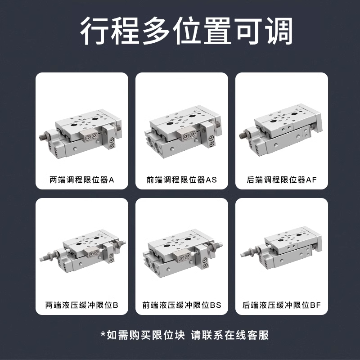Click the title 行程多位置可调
coord(180,31)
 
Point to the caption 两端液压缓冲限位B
coord(82,305)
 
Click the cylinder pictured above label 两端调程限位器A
coord(82,135)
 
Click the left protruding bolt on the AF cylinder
coord(243,133)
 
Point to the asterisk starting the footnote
coord(103,334)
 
